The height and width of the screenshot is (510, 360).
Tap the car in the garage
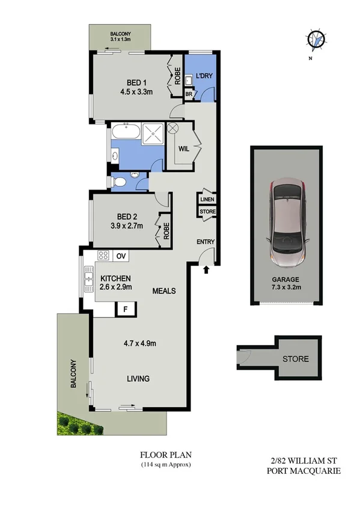click(287, 217)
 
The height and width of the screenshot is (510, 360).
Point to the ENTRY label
click(206, 242)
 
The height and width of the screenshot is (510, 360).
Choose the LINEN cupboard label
click(207, 200)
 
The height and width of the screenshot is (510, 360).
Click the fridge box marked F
click(126, 309)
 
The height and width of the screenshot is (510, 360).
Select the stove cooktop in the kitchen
click(102, 255)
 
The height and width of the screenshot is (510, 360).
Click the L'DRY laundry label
click(202, 78)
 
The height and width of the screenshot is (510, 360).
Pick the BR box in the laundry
click(189, 94)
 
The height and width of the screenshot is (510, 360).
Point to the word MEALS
click(164, 291)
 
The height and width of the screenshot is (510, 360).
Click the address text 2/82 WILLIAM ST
click(303, 461)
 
